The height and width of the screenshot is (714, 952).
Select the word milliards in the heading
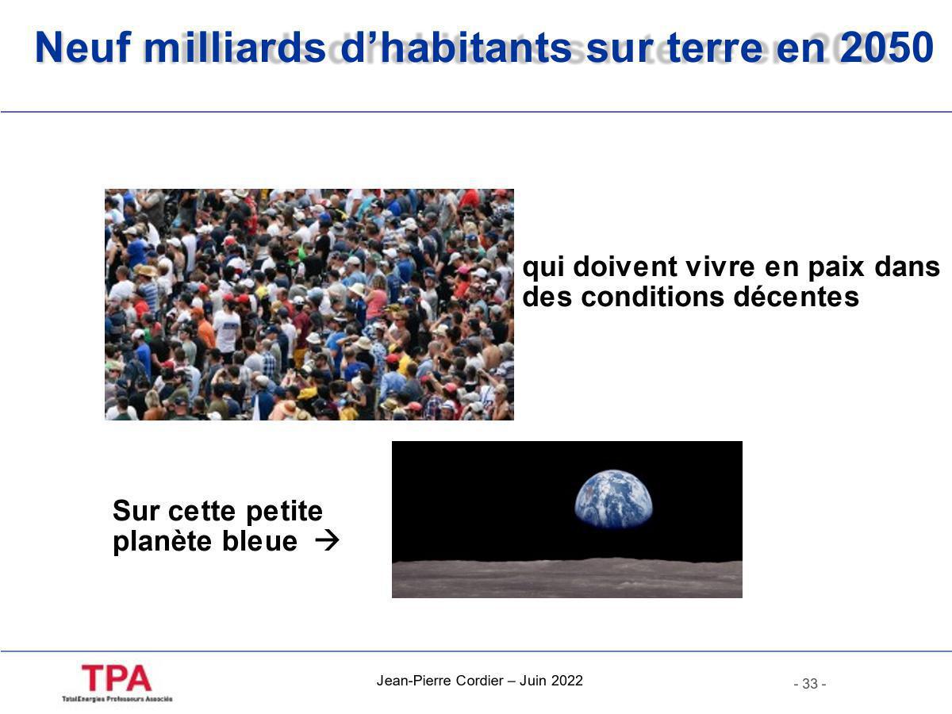[234, 49]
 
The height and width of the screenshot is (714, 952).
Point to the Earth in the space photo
[613, 499]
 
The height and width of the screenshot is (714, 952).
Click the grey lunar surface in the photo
[566, 578]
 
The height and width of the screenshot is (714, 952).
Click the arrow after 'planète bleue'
[326, 541]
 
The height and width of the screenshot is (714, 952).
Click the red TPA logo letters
[116, 678]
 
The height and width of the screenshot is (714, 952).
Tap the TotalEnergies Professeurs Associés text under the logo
[117, 699]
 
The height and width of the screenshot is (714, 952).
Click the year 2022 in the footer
[566, 681]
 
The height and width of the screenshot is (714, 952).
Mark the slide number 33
[809, 684]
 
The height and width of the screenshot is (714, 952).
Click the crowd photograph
[309, 305]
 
